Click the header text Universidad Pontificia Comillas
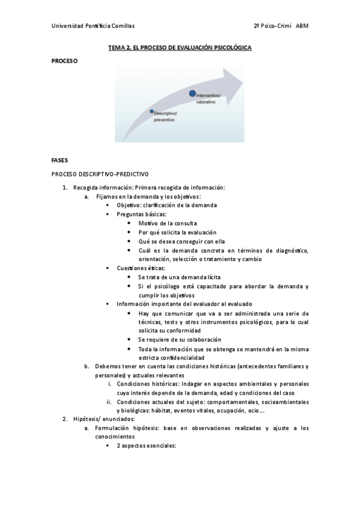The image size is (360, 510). tap(93, 26)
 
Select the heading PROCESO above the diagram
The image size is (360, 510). tap(64, 60)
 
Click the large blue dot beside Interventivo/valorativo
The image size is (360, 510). tap(192, 93)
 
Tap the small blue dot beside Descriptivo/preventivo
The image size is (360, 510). tap(152, 111)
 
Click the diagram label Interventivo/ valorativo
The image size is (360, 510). tap(209, 99)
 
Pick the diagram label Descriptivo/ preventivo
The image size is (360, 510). tap(165, 116)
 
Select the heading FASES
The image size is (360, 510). tap(60, 161)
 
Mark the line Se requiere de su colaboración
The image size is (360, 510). tap(179, 339)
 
